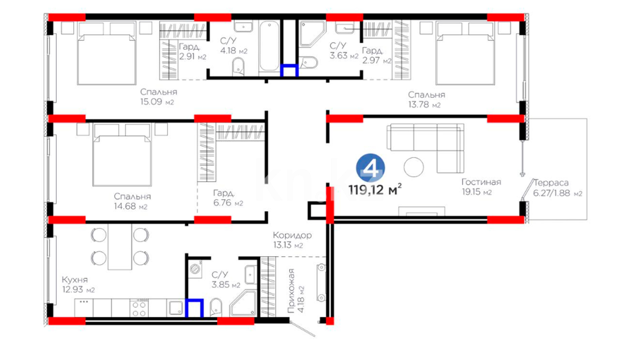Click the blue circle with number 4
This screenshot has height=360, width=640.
pos(370,168)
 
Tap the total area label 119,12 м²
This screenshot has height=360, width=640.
pos(375,189)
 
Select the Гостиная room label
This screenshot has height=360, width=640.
pos(481,182)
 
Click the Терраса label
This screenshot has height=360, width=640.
pos(551,183)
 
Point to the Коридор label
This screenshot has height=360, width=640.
pos(292,235)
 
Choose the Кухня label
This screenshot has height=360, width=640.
pos(75,280)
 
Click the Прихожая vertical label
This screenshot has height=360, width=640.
pos(291,291)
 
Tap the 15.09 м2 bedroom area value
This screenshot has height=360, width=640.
pos(157,102)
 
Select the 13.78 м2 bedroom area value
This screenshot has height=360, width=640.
pos(424,105)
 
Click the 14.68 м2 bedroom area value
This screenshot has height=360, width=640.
pos(130,206)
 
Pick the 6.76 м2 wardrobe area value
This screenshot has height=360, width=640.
pos(228,203)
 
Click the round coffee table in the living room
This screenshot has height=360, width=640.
pos(414,167)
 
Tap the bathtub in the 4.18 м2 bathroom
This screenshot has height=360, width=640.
pos(269,47)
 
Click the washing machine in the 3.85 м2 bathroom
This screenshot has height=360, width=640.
pos(195,269)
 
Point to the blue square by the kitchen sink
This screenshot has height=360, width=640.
pos(194,308)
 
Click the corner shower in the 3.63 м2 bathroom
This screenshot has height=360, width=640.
pos(312,34)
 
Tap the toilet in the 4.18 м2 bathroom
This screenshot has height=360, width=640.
pos(238,66)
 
